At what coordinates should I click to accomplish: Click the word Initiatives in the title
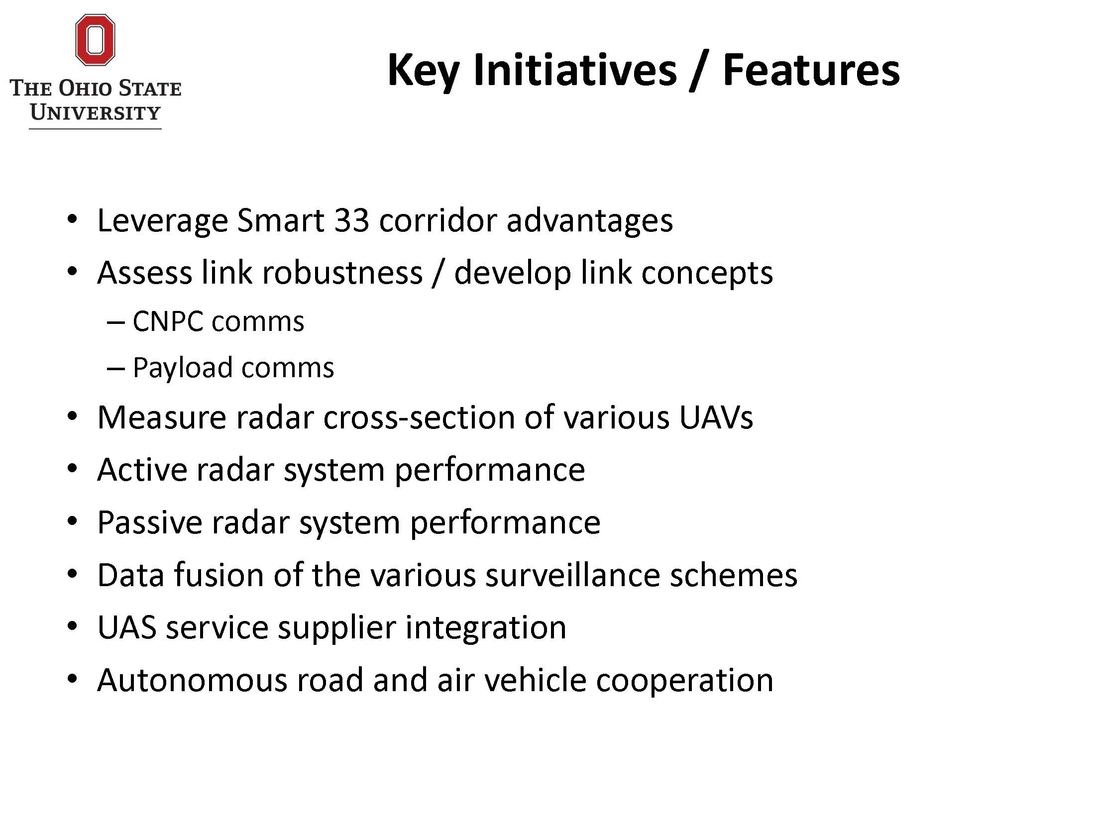575,70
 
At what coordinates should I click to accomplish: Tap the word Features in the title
811,70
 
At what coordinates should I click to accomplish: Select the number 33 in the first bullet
351,220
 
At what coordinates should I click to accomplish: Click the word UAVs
716,417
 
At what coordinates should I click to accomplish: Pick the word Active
142,469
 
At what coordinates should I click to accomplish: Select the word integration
486,628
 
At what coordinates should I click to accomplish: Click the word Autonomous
192,680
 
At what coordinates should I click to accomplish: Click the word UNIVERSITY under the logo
95,112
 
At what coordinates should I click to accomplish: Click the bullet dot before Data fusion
73,574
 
